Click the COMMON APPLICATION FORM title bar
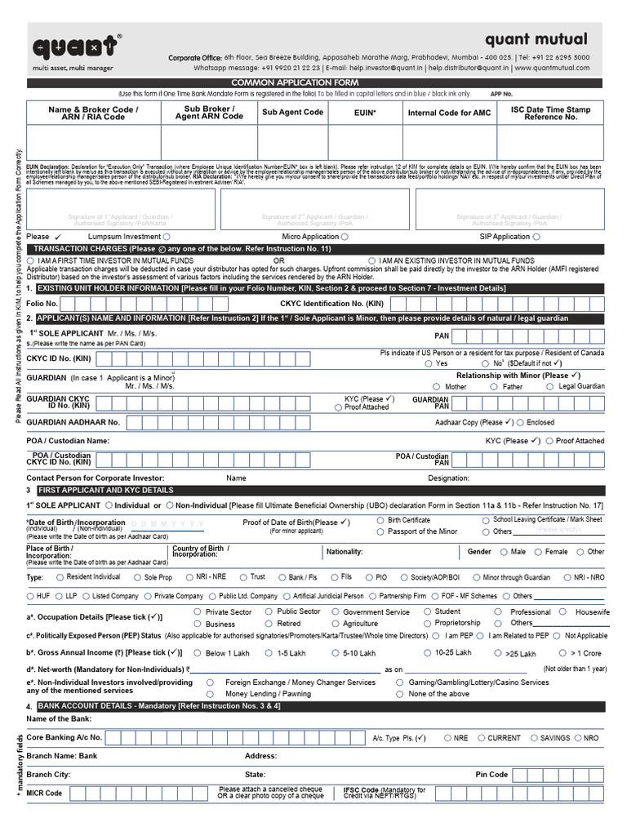point(314,83)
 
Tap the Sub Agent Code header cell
point(292,113)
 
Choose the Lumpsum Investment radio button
point(167,237)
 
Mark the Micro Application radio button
point(345,237)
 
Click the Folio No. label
point(42,303)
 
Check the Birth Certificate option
point(380,520)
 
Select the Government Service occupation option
point(335,611)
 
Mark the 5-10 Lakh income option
point(335,653)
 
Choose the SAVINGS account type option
point(531,738)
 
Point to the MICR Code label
point(44,793)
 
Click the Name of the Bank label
point(59,718)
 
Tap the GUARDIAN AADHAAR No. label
point(73,422)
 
